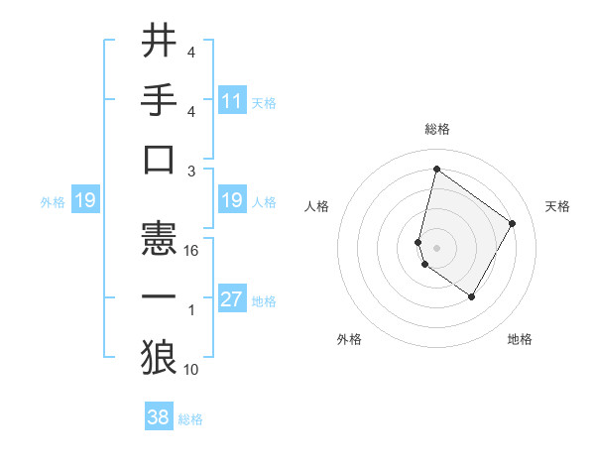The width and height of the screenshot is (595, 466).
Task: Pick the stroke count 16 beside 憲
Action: click(192, 251)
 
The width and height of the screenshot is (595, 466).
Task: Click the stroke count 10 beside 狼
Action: click(192, 370)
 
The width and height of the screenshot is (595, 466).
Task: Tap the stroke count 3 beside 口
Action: click(192, 171)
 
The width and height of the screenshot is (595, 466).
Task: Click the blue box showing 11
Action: click(232, 100)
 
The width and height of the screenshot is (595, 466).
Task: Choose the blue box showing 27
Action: click(232, 299)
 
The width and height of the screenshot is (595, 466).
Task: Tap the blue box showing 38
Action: click(159, 417)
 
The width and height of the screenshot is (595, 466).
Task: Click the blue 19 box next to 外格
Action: click(84, 200)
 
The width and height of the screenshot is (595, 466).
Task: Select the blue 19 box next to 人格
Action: click(232, 200)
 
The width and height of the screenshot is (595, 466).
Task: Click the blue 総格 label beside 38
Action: click(190, 419)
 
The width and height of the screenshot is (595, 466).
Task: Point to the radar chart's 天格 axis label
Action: click(557, 206)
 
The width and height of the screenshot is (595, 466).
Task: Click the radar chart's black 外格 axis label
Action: click(349, 339)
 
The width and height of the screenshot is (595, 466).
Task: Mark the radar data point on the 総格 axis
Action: click(436, 168)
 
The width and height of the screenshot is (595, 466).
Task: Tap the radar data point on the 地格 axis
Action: click(472, 296)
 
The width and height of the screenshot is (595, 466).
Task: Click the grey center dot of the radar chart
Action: click(436, 247)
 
